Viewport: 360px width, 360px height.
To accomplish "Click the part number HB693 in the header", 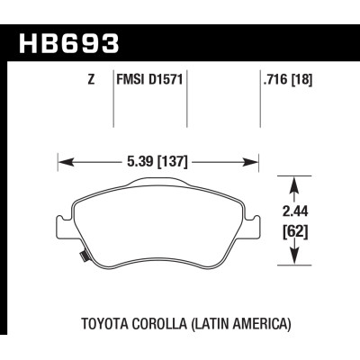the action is [69, 43].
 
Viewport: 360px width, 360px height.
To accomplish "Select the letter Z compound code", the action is [92, 80].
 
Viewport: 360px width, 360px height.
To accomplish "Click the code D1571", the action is [166, 80].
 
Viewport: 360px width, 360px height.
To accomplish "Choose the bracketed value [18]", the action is [302, 80].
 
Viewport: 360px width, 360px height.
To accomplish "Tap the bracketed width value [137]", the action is [173, 162].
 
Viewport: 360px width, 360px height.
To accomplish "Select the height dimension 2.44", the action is [295, 211].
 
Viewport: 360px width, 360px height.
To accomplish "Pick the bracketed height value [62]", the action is [295, 232].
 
